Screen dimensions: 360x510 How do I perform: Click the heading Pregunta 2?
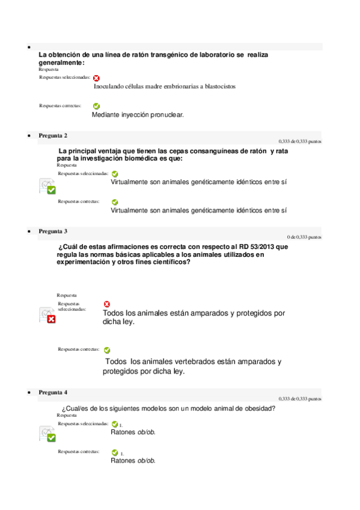click(53, 136)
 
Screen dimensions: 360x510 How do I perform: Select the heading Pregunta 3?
click(53, 231)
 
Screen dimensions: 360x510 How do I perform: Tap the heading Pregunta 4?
click(53, 393)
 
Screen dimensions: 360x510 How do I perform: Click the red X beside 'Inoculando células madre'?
click(96, 78)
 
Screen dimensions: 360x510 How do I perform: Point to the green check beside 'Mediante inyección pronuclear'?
click(96, 106)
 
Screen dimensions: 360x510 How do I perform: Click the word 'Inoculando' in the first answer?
click(112, 87)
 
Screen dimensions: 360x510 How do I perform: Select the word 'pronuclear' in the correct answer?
click(165, 114)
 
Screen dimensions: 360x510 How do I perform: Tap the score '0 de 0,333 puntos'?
click(304, 237)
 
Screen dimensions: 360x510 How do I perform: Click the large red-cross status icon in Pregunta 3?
click(47, 315)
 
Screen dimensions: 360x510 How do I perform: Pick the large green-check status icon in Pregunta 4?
click(47, 434)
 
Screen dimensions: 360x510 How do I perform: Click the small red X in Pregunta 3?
click(107, 304)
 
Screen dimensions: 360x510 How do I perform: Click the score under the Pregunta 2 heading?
click(300, 142)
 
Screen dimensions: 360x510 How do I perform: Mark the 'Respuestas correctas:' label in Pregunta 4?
click(79, 451)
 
